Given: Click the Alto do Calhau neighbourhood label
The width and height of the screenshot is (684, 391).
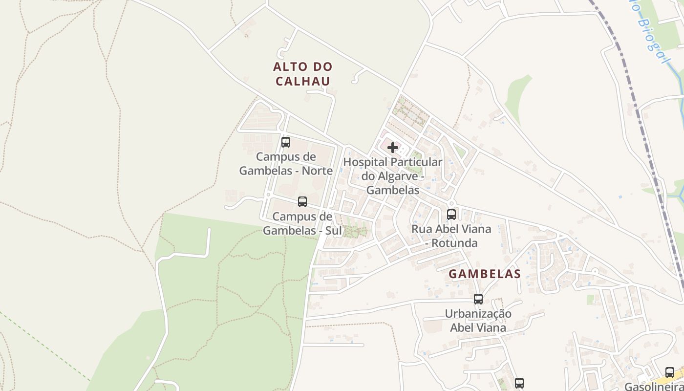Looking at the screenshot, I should point(302,74).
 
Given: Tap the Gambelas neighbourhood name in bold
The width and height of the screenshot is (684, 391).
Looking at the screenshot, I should point(485,274).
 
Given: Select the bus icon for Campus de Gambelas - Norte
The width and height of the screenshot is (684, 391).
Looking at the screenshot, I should point(286,142).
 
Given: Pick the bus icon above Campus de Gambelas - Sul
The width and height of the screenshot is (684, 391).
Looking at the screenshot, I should point(302,201).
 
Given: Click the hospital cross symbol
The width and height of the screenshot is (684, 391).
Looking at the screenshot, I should point(393,147).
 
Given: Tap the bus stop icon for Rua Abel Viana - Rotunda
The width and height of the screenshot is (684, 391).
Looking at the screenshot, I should point(451,214).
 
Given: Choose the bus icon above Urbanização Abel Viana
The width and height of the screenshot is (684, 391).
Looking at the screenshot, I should point(478,299).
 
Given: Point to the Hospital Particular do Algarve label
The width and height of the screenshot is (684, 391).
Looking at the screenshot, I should point(393,176).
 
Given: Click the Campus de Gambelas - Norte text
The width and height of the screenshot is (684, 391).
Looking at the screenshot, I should point(286,164).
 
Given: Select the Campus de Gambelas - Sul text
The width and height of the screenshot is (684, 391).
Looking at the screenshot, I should point(302,223).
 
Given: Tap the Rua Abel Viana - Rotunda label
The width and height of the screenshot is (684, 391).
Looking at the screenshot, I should point(451,236).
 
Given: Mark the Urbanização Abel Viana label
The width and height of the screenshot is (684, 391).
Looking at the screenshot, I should point(478,320).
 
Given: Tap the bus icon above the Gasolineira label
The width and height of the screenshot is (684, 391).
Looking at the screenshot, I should point(670,372).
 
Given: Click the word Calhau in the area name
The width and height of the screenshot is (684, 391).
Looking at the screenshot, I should point(303,81).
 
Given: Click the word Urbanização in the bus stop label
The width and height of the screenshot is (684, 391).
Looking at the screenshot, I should point(478,313).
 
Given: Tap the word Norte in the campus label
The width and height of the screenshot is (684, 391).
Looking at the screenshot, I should point(317,171).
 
